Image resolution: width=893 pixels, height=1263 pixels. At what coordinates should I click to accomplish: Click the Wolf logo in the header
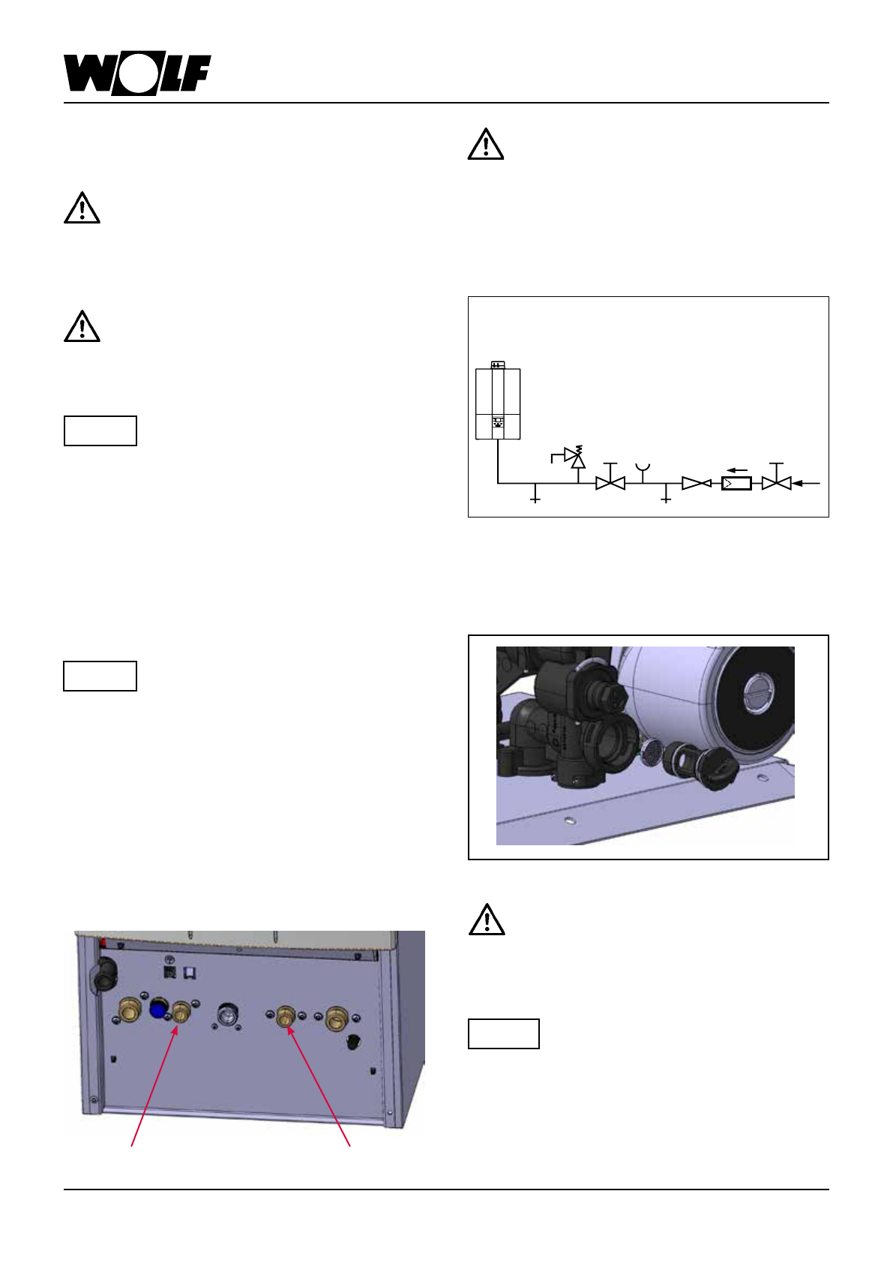(136, 74)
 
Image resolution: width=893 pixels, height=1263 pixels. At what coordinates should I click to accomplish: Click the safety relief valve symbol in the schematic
(576, 457)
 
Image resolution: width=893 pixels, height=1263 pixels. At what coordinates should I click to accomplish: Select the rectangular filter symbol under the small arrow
(736, 484)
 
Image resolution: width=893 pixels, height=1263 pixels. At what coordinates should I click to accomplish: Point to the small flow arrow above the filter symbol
(736, 471)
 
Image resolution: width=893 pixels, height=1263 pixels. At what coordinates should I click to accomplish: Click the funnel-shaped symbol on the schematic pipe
(642, 469)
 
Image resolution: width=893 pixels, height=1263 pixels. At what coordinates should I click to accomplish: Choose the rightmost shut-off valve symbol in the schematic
(776, 483)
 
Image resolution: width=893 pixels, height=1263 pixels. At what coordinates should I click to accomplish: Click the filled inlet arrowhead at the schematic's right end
(799, 484)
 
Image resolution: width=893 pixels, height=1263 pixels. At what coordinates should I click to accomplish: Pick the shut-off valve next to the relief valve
(610, 483)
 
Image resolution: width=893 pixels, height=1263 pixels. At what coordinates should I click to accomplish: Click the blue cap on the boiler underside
(158, 1009)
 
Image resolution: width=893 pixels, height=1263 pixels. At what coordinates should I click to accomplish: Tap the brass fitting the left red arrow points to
(181, 1014)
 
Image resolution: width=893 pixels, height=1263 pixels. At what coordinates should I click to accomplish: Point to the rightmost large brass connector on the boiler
(335, 1018)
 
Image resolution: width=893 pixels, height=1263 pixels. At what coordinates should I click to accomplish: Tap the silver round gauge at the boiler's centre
(226, 1015)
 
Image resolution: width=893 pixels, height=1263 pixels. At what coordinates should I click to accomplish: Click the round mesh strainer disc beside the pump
(651, 750)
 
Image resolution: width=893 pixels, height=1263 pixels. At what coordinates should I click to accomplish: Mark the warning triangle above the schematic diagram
(485, 144)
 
